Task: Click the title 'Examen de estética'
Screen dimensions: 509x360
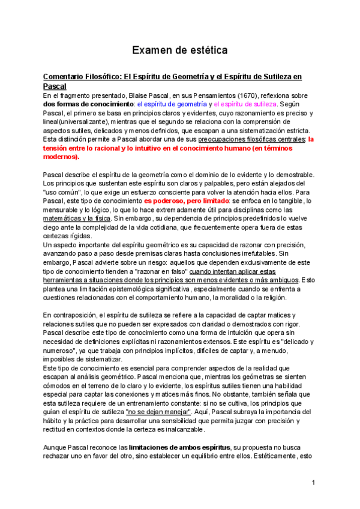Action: pyautogui.click(x=179, y=50)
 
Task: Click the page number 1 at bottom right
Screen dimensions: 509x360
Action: pyautogui.click(x=313, y=483)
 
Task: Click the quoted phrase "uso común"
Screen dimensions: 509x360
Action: pyautogui.click(x=61, y=191)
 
